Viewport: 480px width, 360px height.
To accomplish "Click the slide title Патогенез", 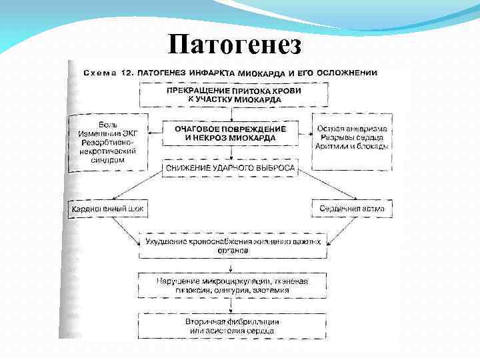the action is coord(235,45).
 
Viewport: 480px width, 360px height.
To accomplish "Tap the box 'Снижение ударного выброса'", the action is coord(230,169).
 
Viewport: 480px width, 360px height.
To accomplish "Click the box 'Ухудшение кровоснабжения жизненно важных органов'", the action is coord(231,245).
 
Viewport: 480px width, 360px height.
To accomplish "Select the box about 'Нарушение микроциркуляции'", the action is coord(231,285).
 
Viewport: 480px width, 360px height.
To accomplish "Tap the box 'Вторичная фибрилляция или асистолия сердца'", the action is coord(231,326).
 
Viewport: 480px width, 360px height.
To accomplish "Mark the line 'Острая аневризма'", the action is coord(353,127).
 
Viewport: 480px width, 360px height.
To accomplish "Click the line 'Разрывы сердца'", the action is coord(353,137).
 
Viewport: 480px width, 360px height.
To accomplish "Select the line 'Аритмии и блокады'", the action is coord(353,146).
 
